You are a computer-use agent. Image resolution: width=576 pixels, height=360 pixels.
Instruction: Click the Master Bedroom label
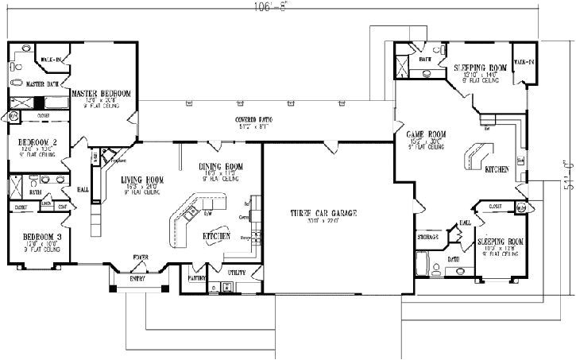pos(101,93)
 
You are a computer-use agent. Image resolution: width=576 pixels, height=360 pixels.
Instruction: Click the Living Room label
pos(143,180)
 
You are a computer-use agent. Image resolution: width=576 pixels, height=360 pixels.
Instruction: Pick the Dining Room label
pos(220,165)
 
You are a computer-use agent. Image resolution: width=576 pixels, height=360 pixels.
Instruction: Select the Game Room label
pos(426,135)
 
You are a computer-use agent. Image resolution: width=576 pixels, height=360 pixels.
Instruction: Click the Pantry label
pos(198,279)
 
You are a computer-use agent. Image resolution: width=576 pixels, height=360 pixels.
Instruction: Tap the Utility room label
pos(237,273)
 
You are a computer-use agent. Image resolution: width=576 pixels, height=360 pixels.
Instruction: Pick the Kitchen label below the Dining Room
pos(216,237)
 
